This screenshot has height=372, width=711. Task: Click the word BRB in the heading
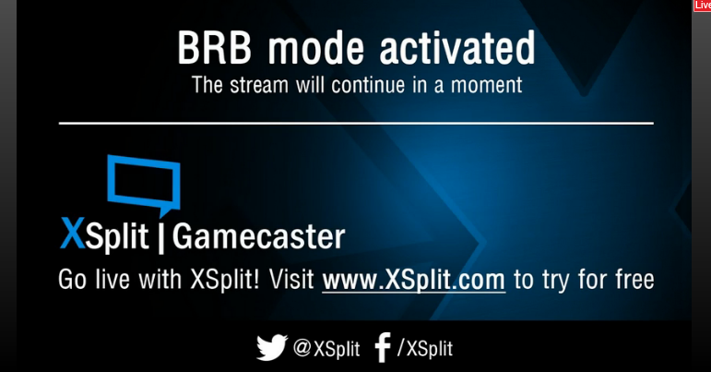[214, 48]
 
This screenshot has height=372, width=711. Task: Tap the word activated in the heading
[457, 48]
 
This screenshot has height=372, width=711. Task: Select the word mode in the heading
[316, 48]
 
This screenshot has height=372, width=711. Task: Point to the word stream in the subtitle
[259, 85]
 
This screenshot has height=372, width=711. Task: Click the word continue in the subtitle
[368, 85]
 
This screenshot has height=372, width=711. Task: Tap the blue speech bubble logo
[144, 185]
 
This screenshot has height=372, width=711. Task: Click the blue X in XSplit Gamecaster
[73, 234]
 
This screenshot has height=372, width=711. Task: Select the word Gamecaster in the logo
[258, 236]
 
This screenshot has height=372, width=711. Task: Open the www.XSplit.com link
[413, 280]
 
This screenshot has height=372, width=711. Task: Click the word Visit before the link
[291, 279]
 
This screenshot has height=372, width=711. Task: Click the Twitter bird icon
[272, 347]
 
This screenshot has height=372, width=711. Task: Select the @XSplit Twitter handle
[326, 348]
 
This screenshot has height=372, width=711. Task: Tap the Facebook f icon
[383, 348]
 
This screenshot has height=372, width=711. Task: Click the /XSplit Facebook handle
[425, 348]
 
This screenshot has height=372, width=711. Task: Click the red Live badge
[702, 6]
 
